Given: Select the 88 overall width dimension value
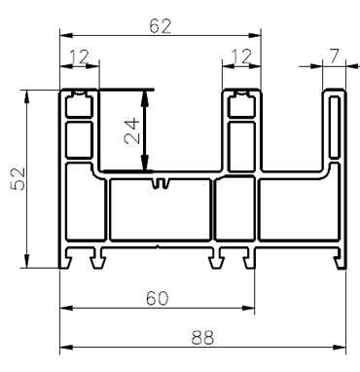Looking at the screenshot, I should tap(202, 338).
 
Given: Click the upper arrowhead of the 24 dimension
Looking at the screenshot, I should tap(147, 96).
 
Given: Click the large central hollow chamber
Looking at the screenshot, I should tap(160, 210).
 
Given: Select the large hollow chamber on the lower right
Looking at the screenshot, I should tap(293, 210).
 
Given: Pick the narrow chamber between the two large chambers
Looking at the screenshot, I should tap(233, 210).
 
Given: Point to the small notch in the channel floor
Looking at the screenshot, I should tap(161, 182).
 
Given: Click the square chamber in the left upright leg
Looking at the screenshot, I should tap(80, 133).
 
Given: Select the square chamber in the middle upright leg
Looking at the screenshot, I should tap(242, 133).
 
